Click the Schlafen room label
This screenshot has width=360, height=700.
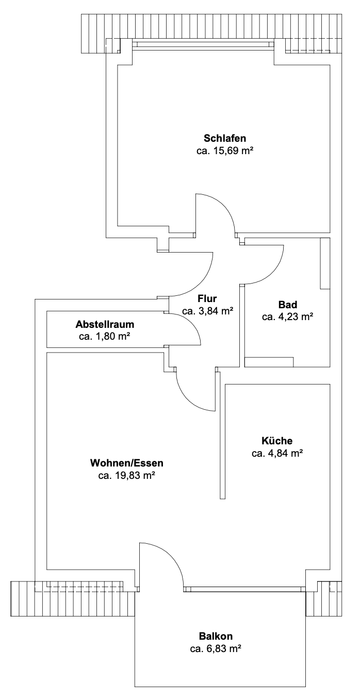[x=224, y=138]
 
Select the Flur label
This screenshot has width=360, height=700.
[x=207, y=298]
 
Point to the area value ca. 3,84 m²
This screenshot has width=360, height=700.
[x=207, y=311]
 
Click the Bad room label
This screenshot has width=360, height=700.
[x=287, y=305]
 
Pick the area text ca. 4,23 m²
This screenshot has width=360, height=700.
[x=287, y=318]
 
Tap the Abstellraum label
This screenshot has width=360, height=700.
[x=105, y=325]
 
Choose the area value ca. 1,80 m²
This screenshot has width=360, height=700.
[x=104, y=337]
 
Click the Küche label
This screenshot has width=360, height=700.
[x=277, y=441]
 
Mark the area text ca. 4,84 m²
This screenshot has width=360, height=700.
[x=277, y=454]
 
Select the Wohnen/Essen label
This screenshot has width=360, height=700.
[x=126, y=462]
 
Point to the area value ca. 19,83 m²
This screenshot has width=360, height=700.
[x=127, y=475]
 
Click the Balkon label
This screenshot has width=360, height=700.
[x=216, y=636]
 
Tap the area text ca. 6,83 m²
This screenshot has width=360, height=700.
[x=216, y=648]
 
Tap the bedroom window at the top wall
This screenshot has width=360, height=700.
[x=203, y=45]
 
